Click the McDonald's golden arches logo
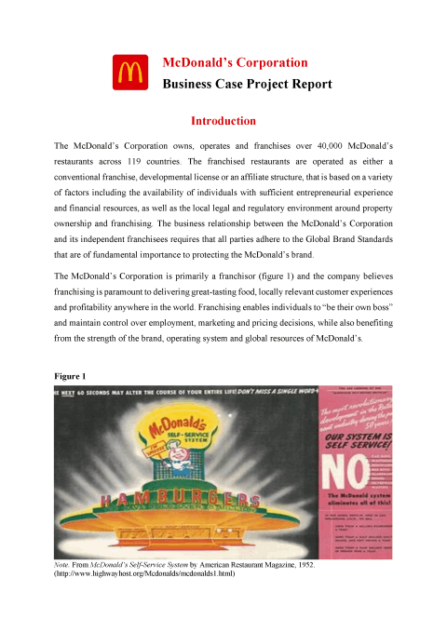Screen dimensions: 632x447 (128, 73)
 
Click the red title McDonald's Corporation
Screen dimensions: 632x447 (235, 62)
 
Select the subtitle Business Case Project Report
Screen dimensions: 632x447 (247, 84)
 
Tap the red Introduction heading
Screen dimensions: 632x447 (223, 121)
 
